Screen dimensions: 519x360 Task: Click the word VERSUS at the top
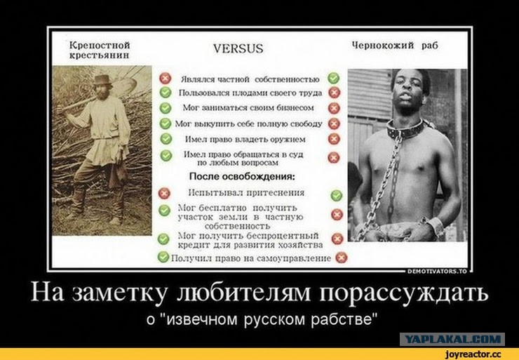pos(238,48)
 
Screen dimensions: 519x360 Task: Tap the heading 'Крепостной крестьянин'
pos(100,50)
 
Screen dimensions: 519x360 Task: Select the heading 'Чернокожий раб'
pos(395,46)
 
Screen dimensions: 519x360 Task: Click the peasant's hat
pos(102,80)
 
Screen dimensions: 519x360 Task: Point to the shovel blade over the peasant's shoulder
pos(125,87)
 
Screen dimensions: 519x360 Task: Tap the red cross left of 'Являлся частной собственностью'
pos(165,79)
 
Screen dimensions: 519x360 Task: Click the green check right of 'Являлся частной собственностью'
pos(333,78)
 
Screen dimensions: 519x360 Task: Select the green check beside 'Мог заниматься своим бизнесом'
pos(165,108)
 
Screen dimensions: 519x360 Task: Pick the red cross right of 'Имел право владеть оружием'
pos(334,139)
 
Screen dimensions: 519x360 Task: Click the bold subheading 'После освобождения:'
pos(242,176)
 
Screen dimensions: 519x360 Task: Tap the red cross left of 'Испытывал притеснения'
pos(164,194)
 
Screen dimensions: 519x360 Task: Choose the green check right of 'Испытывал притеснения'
pos(337,195)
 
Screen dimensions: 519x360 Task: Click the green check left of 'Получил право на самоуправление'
pos(163,257)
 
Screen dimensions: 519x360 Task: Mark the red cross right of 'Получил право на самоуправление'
pos(342,258)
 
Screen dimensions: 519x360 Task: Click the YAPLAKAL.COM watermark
pos(452,339)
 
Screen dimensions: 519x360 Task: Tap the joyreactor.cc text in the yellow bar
pos(473,354)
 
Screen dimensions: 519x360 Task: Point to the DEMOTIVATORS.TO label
pos(437,272)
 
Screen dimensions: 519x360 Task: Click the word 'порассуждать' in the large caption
pos(403,293)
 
